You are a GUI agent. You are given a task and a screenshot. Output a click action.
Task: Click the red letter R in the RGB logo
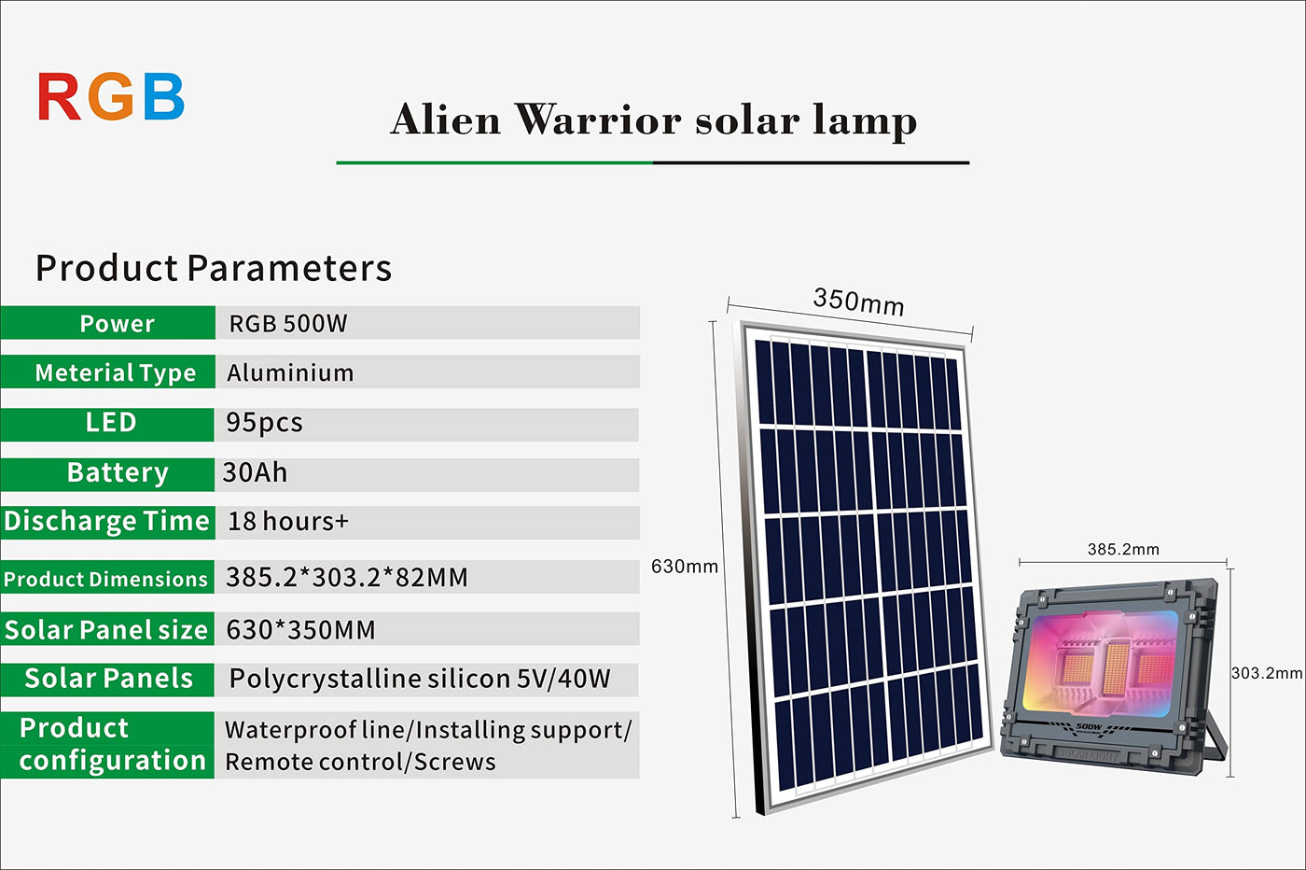coord(59,96)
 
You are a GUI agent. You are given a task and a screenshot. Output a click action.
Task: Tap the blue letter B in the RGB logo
coord(164,96)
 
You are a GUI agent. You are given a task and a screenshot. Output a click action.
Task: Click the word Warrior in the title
coord(598,120)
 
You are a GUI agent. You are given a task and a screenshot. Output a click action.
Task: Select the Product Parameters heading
coord(214,269)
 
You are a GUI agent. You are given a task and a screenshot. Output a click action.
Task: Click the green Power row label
coord(107,323)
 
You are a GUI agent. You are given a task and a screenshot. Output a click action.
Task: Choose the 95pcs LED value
coord(264,423)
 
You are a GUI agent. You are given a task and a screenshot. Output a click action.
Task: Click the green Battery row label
coord(107,474)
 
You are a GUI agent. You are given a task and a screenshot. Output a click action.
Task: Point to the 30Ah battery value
coord(255,472)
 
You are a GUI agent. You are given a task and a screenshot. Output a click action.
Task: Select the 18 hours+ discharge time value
coord(288,521)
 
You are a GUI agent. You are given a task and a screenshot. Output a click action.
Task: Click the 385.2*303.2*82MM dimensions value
coord(347,577)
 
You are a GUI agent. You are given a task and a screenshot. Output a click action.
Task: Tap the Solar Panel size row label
coord(107,629)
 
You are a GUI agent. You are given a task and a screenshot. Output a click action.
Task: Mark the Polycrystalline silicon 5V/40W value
coord(420,680)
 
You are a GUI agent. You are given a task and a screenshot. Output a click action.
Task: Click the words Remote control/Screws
coord(360,762)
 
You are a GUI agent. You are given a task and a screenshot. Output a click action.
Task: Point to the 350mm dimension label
coord(858,302)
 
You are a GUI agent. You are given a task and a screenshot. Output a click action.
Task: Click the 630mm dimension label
coord(685,567)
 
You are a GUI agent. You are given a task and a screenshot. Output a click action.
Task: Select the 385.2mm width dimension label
coord(1123,549)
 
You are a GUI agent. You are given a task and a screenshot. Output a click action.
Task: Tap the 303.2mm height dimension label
coord(1267,673)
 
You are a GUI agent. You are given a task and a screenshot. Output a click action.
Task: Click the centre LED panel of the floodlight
coord(1117,668)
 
